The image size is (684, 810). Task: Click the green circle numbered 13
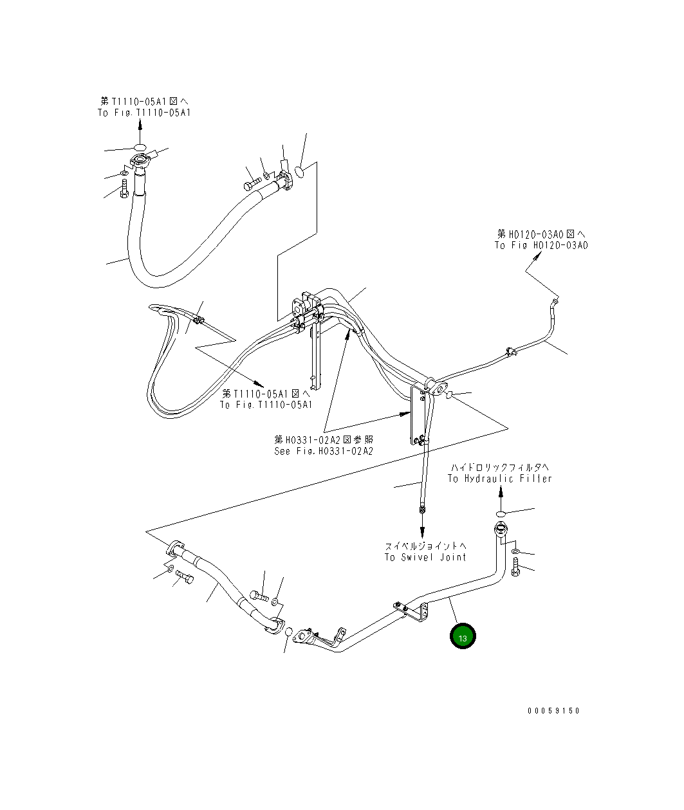click(x=463, y=636)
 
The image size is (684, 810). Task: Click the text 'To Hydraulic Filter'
click(x=500, y=479)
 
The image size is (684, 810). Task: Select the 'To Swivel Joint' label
click(x=425, y=557)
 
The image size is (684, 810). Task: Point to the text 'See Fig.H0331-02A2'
click(x=324, y=451)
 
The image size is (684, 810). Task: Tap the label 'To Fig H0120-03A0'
click(x=541, y=245)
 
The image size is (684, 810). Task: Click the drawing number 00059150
click(x=553, y=711)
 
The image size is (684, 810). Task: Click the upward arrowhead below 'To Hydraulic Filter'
click(x=501, y=492)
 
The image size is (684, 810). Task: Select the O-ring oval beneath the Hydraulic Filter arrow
click(x=501, y=513)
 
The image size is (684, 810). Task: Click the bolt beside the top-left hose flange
click(x=124, y=190)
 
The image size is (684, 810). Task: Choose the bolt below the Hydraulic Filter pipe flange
click(x=515, y=568)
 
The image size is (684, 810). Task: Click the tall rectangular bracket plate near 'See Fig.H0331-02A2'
click(x=416, y=415)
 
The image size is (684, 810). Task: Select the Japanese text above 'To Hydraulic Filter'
click(x=500, y=467)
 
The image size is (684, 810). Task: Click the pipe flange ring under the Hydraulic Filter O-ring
click(x=501, y=530)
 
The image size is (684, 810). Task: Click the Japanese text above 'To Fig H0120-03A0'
click(x=541, y=234)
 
